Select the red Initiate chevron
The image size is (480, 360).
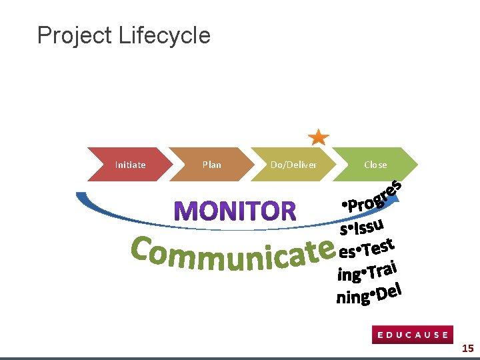click(130, 165)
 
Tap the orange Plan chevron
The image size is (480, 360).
click(211, 165)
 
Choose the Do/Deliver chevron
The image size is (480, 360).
click(293, 165)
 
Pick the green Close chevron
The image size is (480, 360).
click(375, 165)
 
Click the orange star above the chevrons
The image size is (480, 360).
click(319, 137)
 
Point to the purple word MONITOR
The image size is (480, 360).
click(235, 212)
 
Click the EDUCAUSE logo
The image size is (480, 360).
click(413, 335)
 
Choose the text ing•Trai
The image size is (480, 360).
click(368, 269)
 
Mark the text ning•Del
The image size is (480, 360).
click(369, 294)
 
